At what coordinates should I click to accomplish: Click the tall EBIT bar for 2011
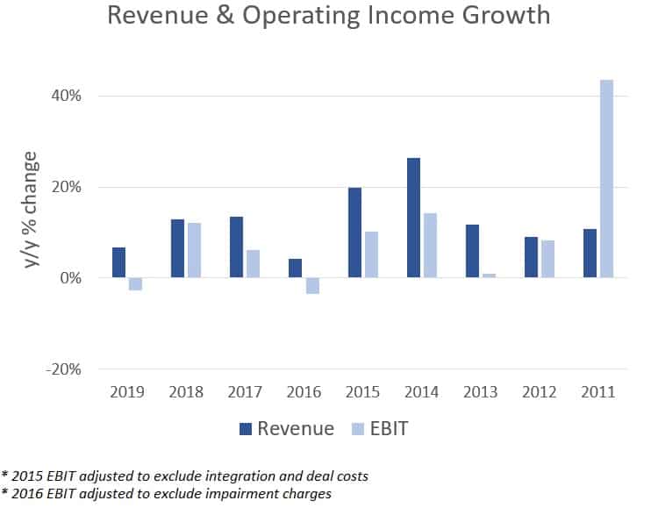tap(606, 178)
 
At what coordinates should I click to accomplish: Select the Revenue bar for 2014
tap(413, 218)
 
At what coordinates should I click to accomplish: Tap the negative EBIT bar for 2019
tap(135, 284)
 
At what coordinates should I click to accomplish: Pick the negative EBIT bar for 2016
tap(312, 285)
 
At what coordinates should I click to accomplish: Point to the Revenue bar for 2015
tap(354, 233)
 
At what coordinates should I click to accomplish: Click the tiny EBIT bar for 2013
tap(489, 275)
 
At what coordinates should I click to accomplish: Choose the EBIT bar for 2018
tap(194, 250)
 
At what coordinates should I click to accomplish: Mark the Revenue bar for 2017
tap(237, 247)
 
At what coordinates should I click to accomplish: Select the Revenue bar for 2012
tap(531, 257)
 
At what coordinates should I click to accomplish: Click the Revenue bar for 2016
tap(295, 268)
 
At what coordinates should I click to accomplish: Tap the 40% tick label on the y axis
tap(66, 96)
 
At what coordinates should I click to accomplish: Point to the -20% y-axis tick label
tap(63, 369)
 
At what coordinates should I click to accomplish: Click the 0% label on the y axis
tap(70, 277)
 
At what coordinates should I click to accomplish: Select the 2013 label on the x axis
tap(481, 392)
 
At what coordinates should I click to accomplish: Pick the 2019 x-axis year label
tap(127, 392)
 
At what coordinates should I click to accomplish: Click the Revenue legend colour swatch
tap(246, 429)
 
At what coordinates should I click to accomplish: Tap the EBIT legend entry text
tap(389, 428)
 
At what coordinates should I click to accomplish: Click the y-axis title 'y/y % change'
tap(31, 210)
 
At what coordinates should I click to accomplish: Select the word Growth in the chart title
tap(506, 15)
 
